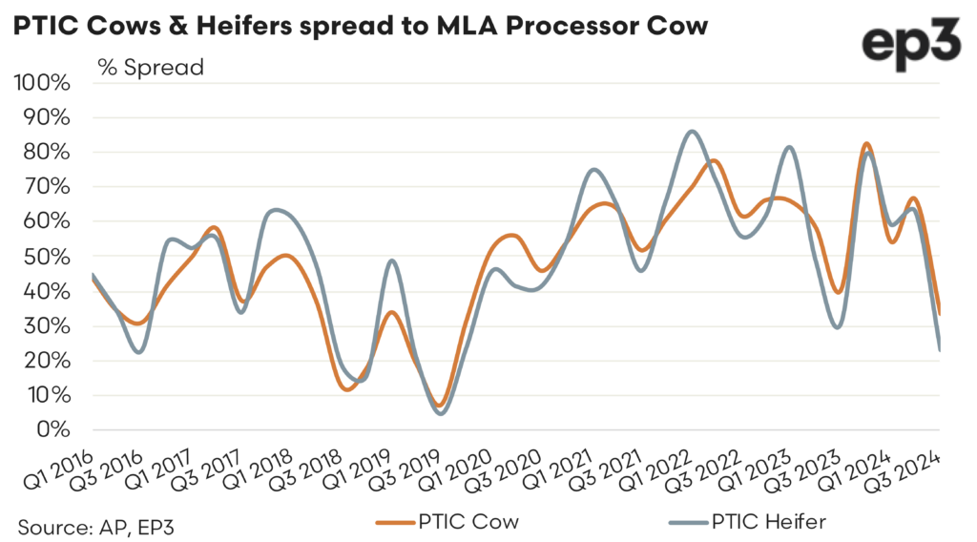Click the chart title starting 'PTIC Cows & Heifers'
point(361,26)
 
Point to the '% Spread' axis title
point(151,68)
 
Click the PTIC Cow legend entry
point(448,522)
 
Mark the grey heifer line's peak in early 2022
point(692,132)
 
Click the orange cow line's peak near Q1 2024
point(865,144)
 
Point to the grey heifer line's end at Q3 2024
point(940,349)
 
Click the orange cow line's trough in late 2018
point(347,389)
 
